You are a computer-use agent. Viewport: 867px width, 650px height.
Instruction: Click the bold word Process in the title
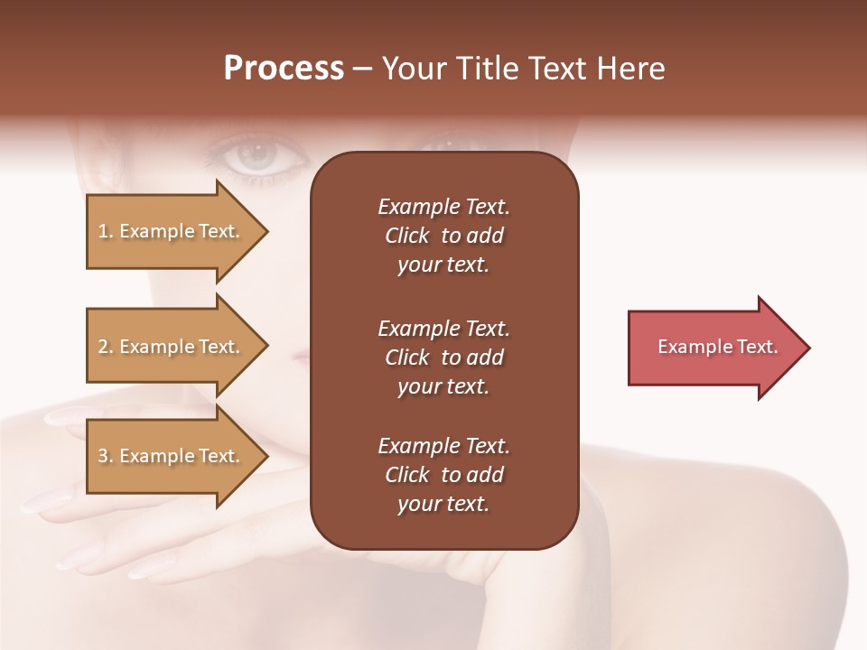pos(284,69)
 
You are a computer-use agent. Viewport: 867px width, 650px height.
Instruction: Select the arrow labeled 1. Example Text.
pos(172,231)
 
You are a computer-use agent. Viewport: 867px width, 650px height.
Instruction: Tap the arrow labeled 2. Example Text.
pos(172,347)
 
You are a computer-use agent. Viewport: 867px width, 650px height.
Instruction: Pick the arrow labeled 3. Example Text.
pos(172,456)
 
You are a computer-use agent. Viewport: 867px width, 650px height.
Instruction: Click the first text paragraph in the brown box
pos(443,236)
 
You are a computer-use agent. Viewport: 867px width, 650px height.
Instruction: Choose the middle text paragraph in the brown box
pos(443,357)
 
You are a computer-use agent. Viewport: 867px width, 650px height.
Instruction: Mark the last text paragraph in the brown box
pos(443,475)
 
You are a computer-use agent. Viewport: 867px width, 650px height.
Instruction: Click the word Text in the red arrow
pos(759,347)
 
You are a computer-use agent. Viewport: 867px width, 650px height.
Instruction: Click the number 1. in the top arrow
pos(105,231)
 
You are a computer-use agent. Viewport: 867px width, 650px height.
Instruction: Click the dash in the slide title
pos(363,70)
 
